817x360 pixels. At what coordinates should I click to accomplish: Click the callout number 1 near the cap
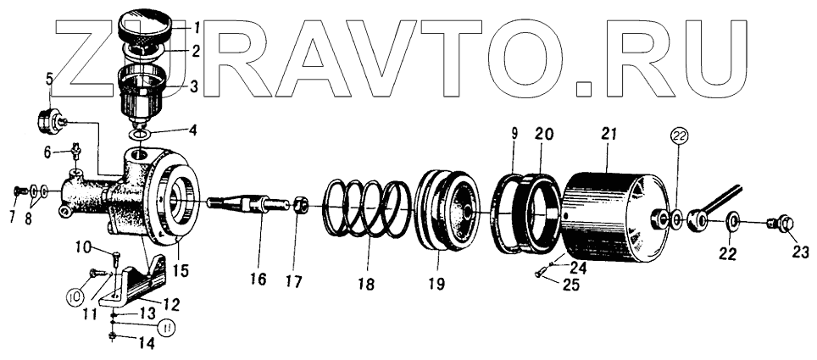click(x=196, y=25)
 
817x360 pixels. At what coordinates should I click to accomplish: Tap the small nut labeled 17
click(x=299, y=205)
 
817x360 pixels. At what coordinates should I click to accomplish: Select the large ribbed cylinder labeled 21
click(x=612, y=214)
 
